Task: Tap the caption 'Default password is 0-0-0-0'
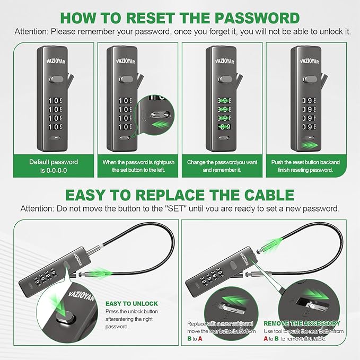[54, 166]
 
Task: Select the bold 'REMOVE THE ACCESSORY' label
[302, 323]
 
